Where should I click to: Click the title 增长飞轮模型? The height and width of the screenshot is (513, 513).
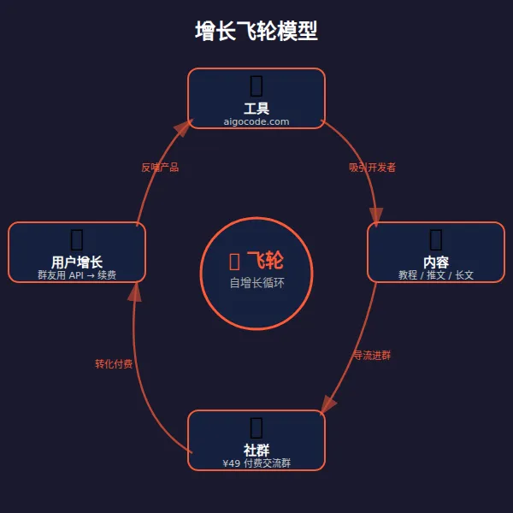click(x=256, y=32)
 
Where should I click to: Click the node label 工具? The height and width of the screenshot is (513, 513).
click(x=256, y=109)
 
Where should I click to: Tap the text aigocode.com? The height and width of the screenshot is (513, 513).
click(x=256, y=122)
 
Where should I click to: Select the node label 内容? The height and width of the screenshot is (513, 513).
click(x=436, y=262)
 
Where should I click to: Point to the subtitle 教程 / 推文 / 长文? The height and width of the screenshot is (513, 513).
click(x=436, y=275)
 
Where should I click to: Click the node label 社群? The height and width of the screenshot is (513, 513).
click(x=256, y=451)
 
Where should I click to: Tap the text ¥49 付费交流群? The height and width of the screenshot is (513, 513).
click(x=256, y=463)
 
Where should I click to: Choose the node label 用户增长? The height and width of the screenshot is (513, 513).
click(x=77, y=262)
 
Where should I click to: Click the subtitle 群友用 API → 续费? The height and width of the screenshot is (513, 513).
click(x=77, y=275)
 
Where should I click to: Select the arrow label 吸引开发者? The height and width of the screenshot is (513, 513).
click(x=372, y=168)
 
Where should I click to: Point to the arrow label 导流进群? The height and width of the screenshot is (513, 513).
click(x=372, y=355)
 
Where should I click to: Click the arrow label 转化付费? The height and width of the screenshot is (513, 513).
click(x=114, y=364)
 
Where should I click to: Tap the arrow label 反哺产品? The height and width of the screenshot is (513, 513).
click(x=160, y=168)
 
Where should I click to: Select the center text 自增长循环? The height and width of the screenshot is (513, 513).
click(x=256, y=283)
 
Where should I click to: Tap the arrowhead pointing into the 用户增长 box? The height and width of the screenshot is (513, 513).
click(x=133, y=291)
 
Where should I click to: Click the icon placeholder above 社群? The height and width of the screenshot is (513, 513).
click(x=256, y=427)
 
